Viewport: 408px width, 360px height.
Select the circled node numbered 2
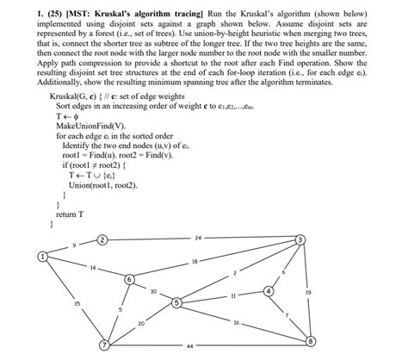pos(102,239)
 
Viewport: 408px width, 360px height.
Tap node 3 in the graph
pos(300,239)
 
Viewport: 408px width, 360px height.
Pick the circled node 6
pos(130,279)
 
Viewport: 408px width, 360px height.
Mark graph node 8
pos(311,342)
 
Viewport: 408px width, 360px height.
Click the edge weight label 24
pos(198,236)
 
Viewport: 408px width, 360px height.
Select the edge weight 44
pos(189,347)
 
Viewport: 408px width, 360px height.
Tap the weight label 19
pos(308,293)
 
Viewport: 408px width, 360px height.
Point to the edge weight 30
pos(152,292)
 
